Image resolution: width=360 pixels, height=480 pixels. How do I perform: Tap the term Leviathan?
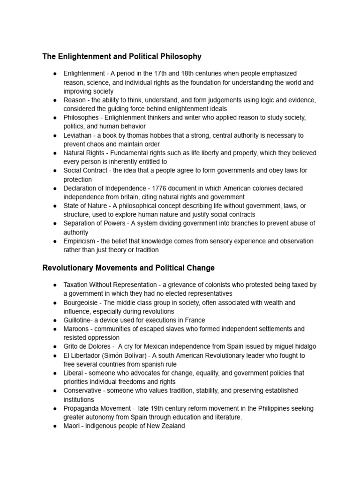coord(78,135)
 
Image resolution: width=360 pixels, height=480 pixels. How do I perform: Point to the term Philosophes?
coord(81,118)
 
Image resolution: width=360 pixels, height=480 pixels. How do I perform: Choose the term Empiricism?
coord(80,241)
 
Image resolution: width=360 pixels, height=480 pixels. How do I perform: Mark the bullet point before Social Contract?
coord(55,171)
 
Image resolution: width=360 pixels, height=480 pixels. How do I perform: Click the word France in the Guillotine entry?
coord(196,320)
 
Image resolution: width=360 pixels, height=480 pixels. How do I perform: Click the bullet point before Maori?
coord(55,426)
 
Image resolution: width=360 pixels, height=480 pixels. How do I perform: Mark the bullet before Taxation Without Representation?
coord(55,285)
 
